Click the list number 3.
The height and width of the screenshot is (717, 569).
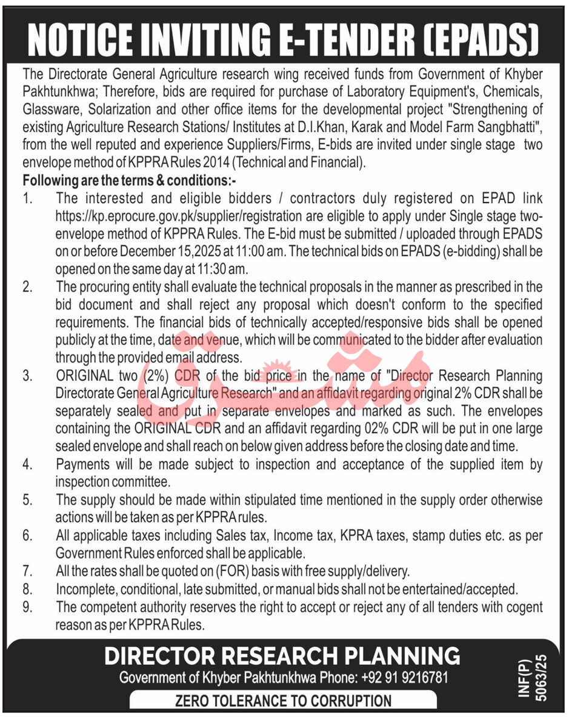click(27, 376)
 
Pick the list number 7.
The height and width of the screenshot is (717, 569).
click(27, 571)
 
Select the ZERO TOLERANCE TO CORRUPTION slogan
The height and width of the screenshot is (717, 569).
click(283, 701)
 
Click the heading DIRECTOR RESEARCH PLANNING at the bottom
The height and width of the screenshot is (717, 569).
click(282, 656)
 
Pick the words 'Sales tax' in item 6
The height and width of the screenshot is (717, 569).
click(243, 536)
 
